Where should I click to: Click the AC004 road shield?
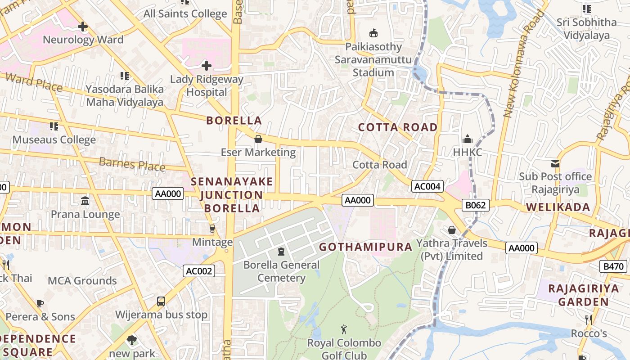427,186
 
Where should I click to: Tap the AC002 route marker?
199,271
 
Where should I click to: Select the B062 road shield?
475,206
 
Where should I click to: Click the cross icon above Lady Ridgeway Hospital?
207,66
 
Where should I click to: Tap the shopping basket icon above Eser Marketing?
258,139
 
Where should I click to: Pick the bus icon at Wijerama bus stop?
161,301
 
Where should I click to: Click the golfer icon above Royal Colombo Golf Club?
344,329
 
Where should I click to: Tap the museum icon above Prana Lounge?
85,201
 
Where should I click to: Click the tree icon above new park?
131,340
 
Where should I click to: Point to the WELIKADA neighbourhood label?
558,207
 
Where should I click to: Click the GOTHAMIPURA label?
365,247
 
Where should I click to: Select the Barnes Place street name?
132,164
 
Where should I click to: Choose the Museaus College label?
54,140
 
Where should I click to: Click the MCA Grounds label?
82,281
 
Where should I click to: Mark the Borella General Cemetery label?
281,271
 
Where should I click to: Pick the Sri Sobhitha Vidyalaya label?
586,29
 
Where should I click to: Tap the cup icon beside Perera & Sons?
40,303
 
